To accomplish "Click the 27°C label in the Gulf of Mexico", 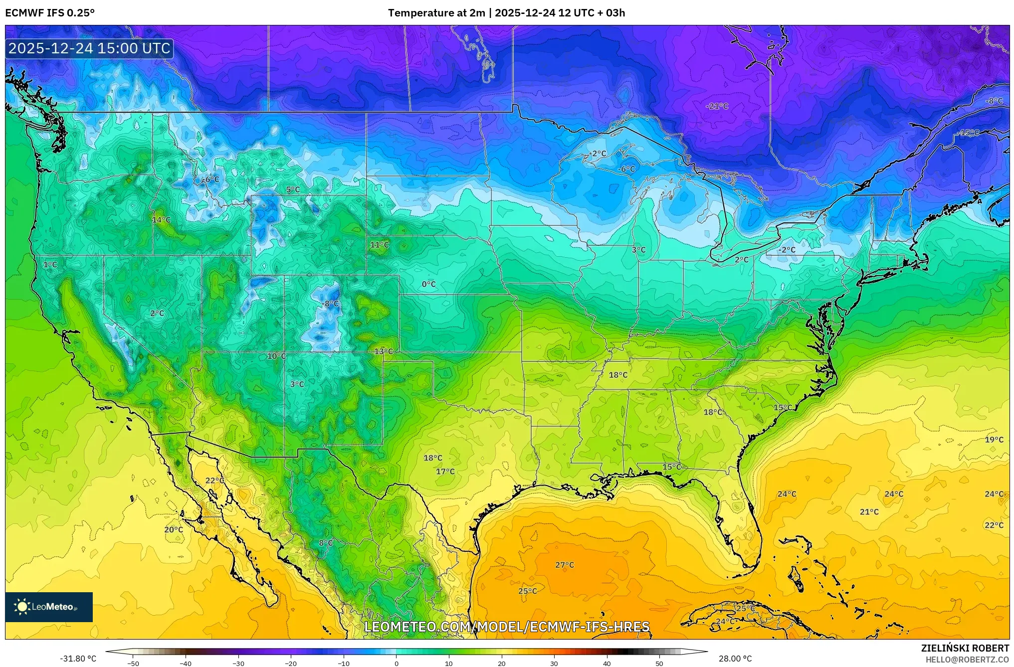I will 565,565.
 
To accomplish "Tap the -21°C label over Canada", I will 717,106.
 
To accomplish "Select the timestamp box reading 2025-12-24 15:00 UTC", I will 90,48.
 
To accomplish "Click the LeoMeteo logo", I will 49,607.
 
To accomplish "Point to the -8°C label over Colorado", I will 331,304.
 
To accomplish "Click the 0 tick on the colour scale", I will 396,663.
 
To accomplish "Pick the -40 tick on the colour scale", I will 186,663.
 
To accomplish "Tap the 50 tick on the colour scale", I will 659,663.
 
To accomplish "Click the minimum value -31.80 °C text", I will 78,659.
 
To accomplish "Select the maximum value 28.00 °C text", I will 735,659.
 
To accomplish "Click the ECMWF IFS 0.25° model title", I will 50,12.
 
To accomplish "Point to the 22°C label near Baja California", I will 215,480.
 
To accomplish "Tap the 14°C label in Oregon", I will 161,220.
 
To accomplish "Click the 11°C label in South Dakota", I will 379,245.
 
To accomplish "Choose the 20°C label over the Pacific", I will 174,529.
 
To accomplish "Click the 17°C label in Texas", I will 445,471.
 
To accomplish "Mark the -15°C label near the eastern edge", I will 969,133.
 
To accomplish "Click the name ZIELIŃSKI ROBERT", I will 965,648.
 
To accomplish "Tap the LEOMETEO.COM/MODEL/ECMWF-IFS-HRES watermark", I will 507,627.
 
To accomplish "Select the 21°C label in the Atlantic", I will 869,511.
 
